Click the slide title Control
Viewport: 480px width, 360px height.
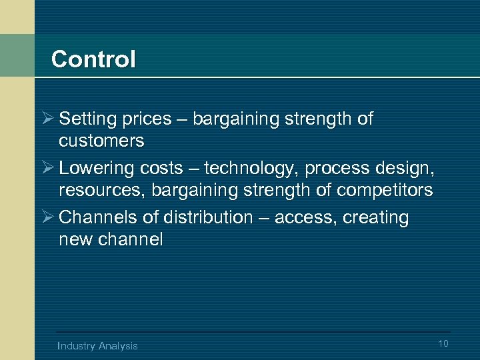(x=93, y=59)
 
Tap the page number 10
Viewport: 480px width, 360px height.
(x=444, y=343)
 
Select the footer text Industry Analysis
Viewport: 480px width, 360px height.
(x=98, y=345)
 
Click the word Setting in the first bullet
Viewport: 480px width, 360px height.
(x=83, y=119)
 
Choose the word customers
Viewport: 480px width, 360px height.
(x=101, y=141)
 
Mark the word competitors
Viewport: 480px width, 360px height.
(x=385, y=190)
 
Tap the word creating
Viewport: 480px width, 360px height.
(x=376, y=218)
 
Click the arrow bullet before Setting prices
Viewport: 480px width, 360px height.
(x=47, y=119)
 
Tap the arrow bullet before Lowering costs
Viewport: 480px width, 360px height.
(x=47, y=169)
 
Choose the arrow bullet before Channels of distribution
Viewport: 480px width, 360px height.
(x=47, y=218)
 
